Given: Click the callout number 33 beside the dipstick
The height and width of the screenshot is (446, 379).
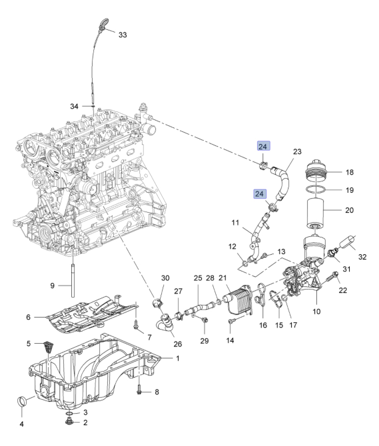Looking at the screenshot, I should click(123, 35).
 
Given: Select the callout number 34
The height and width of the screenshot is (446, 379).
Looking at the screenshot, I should click(74, 106).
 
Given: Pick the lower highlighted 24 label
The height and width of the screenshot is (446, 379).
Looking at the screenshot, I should click(260, 194).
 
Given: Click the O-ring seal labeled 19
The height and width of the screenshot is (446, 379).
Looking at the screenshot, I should click(317, 190).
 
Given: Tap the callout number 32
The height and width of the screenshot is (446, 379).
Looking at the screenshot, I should click(362, 257).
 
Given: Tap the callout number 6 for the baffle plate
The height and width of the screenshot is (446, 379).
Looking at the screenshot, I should click(28, 317).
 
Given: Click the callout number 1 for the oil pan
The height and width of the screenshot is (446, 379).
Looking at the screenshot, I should click(177, 358).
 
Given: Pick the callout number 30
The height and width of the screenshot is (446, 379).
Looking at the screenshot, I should click(165, 278).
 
